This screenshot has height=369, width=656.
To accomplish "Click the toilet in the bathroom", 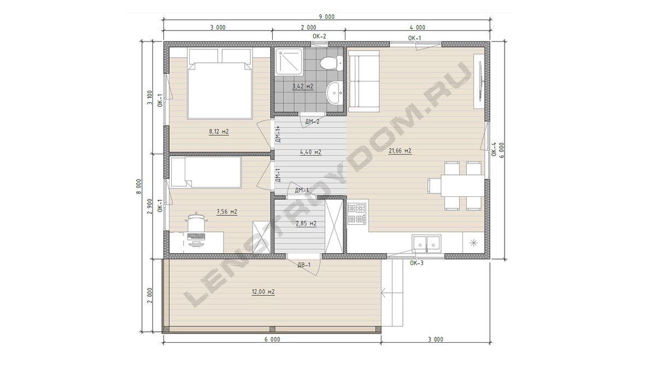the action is [331, 63].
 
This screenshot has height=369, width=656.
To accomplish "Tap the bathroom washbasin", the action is [334, 93].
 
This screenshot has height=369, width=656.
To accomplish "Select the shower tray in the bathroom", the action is [289, 61].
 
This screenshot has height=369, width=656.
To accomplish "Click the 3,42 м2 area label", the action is [302, 86].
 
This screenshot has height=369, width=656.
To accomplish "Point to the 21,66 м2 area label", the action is [400, 151].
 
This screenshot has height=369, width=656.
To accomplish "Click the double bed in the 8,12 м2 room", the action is [220, 84].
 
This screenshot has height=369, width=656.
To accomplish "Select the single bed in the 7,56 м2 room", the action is [206, 172].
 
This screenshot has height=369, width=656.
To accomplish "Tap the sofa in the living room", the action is [364, 81].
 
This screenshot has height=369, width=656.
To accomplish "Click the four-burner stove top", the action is [357, 214].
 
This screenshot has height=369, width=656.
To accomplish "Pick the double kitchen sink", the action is [426, 244].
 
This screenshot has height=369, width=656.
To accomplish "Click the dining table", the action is [462, 186].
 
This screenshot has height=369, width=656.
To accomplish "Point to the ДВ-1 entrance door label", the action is [304, 265].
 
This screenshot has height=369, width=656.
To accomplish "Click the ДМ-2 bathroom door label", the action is [312, 121].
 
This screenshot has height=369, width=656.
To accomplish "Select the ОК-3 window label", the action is [417, 263].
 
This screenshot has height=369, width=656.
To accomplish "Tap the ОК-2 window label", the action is [319, 36].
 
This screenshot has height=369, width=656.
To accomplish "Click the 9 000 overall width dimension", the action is [326, 17].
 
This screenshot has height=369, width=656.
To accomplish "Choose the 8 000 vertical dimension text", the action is [139, 186].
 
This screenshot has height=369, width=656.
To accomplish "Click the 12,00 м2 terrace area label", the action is [263, 292].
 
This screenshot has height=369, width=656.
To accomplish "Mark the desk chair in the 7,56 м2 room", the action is [196, 224].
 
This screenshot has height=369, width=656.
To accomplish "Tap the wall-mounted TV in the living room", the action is [481, 81].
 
